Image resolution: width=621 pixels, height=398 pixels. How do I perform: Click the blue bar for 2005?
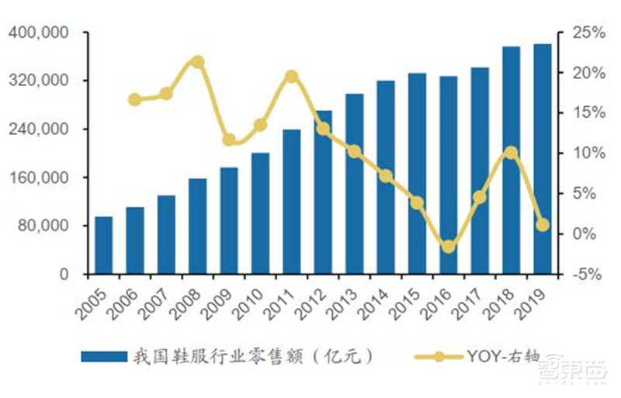(103, 245)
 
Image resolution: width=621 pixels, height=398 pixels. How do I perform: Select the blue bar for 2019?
(542, 159)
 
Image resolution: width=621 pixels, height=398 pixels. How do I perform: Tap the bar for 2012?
(323, 192)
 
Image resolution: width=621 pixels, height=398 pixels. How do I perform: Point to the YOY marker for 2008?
(197, 61)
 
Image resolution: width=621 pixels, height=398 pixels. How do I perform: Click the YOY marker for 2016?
(448, 247)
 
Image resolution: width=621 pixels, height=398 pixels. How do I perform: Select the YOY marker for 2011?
(291, 76)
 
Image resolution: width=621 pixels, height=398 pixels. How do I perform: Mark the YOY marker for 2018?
(511, 152)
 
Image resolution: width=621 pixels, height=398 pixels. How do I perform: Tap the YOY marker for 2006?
(134, 99)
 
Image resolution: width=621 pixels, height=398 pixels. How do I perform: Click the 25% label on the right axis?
(584, 33)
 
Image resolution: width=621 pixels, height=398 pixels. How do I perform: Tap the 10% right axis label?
(584, 154)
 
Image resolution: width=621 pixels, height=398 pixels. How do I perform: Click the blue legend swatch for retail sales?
(103, 356)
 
